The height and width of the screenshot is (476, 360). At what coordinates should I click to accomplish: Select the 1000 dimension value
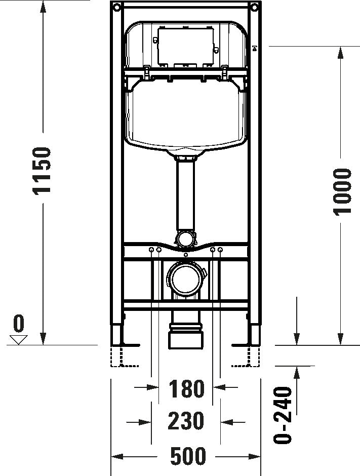pos(343,191)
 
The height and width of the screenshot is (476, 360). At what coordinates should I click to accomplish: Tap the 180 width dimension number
pos(186,389)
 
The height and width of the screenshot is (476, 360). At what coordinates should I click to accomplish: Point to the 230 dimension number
pos(186,421)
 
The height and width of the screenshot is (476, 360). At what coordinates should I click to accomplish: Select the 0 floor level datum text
pos(19,323)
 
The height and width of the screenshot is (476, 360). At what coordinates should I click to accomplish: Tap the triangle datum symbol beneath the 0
pos(19,339)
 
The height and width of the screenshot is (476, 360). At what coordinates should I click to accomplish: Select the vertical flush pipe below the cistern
pos(185,195)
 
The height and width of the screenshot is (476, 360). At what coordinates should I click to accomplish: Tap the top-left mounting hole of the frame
pos(117,7)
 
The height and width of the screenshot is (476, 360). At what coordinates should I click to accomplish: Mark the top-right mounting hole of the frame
pos(253,7)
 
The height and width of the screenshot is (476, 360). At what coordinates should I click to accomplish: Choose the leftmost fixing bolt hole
pos(151,250)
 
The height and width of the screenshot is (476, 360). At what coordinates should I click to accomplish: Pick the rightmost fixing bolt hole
pos(220,250)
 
